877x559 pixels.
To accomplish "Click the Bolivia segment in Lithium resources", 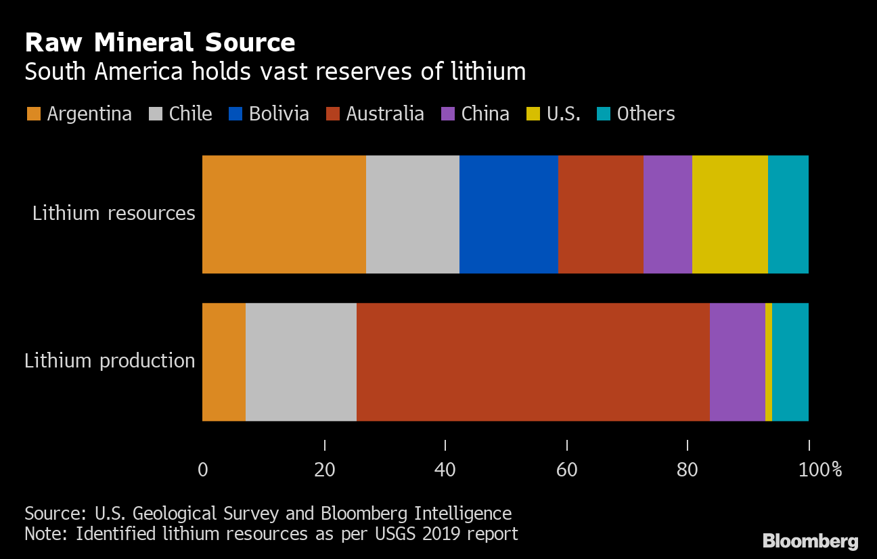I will click(x=508, y=214).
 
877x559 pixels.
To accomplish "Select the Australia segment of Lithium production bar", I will click(x=533, y=361).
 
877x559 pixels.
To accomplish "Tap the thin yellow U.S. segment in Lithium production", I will click(x=769, y=361).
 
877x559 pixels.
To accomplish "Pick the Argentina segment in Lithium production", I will click(x=223, y=361).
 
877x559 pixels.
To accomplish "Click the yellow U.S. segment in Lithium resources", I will click(x=729, y=214).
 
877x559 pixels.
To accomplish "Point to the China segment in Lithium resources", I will click(x=667, y=214).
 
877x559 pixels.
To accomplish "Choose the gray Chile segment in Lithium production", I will click(x=300, y=361).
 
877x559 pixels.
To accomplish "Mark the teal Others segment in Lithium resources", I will click(x=788, y=214).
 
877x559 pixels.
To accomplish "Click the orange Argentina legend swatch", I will click(x=34, y=114).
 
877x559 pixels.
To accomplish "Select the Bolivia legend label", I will click(x=279, y=114).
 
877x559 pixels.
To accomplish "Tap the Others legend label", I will click(x=646, y=114).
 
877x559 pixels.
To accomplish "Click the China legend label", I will click(x=485, y=114).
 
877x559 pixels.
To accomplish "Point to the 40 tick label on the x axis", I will click(x=445, y=469).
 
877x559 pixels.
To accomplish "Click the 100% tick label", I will click(x=819, y=469).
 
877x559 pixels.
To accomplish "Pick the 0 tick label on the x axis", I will click(x=203, y=469).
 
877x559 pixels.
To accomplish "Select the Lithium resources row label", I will click(x=114, y=214).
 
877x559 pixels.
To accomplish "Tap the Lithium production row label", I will click(x=110, y=361).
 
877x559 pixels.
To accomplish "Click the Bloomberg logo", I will click(x=810, y=541).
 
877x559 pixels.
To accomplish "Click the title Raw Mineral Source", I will click(x=160, y=43).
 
